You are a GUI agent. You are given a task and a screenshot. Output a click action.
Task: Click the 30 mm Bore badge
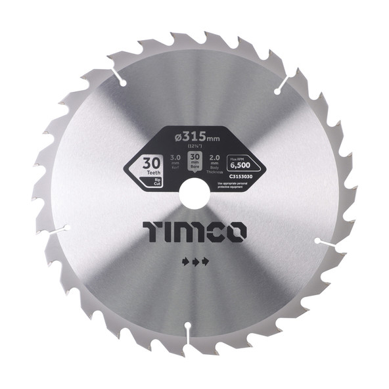pos(194,162)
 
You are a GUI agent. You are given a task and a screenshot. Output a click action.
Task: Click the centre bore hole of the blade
pos(194,194)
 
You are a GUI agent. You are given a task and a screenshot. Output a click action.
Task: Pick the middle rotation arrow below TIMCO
pos(194,261)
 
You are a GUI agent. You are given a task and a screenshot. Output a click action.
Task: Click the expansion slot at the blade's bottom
pos(189,332)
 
